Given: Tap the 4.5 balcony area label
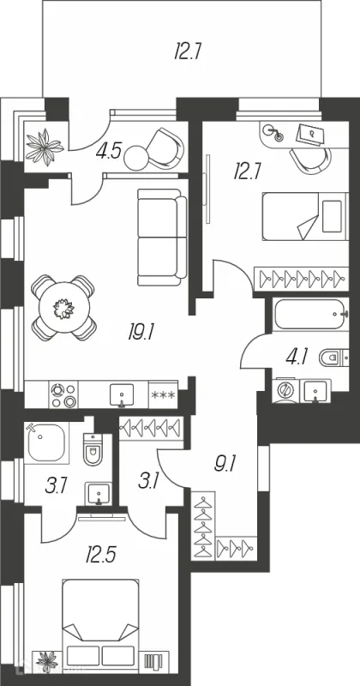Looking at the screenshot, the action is [109, 152].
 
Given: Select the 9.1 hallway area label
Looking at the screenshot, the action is [225, 463].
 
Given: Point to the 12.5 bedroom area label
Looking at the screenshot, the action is [100, 556].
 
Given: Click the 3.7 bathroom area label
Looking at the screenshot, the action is [56, 486].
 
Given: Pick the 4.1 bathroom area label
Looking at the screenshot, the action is [296, 358].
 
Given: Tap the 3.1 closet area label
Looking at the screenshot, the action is [148, 481].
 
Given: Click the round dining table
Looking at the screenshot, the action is [64, 308].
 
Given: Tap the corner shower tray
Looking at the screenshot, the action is [46, 442].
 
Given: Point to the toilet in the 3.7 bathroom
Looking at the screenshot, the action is [93, 448].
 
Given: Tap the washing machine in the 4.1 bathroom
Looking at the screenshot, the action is [286, 390].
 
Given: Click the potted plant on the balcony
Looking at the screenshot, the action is [45, 147].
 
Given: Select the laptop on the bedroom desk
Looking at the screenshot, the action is [311, 134].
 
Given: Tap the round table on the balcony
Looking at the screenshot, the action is [137, 158].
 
